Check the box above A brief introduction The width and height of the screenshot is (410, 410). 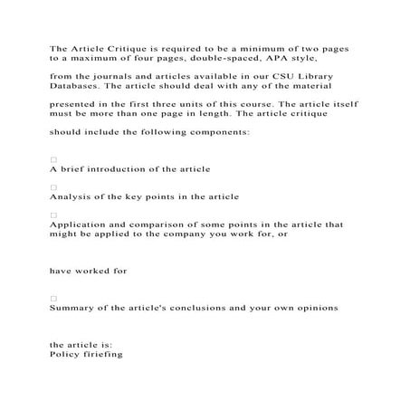[x=53, y=159]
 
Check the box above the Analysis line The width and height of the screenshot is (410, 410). [x=53, y=187]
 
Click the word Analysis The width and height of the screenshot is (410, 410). [x=72, y=197]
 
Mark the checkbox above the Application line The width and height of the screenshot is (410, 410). [x=53, y=215]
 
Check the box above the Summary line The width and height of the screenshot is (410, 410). [x=53, y=298]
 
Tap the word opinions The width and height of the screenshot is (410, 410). [x=313, y=308]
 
